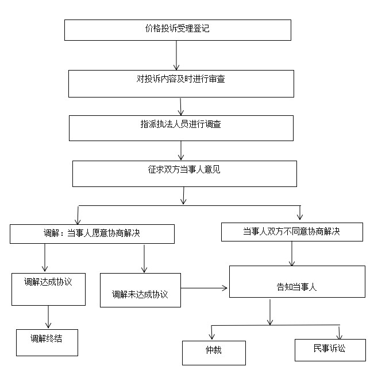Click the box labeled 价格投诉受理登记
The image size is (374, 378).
pyautogui.click(x=178, y=30)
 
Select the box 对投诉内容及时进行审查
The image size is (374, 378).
pyautogui.click(x=181, y=84)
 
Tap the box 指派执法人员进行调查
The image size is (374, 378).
pyautogui.click(x=181, y=128)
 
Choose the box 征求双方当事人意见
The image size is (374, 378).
pyautogui.click(x=184, y=174)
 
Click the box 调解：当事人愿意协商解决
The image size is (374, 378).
pyautogui.click(x=92, y=234)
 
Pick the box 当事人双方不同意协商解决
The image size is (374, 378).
pyautogui.click(x=292, y=232)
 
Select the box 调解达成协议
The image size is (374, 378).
pyautogui.click(x=48, y=289)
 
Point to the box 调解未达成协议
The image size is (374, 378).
pyautogui.click(x=140, y=290)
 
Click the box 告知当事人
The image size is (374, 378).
pyautogui.click(x=297, y=282)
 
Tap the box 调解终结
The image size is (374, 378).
pyautogui.click(x=47, y=342)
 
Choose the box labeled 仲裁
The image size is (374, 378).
pyautogui.click(x=214, y=353)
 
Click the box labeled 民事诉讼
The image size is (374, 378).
pyautogui.click(x=330, y=350)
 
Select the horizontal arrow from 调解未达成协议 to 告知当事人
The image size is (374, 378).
pyautogui.click(x=204, y=288)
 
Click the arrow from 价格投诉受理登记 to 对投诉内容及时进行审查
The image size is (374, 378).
pyautogui.click(x=176, y=55)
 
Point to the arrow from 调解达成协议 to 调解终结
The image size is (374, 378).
pyautogui.click(x=48, y=317)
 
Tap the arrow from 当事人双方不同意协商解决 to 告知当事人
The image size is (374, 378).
pyautogui.click(x=292, y=254)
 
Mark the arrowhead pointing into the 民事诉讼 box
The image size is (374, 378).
pyautogui.click(x=339, y=336)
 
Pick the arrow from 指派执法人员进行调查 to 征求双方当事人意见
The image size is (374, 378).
pyautogui.click(x=181, y=150)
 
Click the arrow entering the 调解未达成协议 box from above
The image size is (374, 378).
pyautogui.click(x=144, y=259)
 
